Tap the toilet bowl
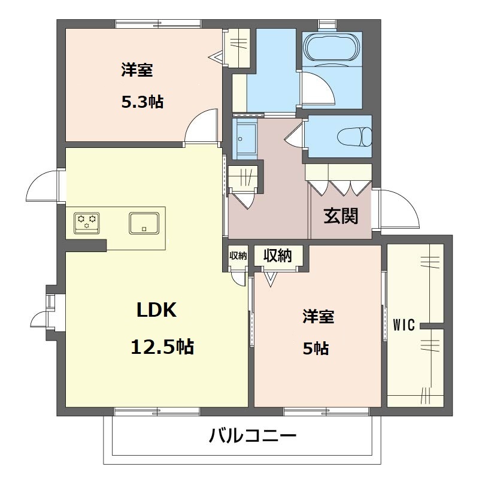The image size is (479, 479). coord(355,137)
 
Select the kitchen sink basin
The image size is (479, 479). coord(144,223)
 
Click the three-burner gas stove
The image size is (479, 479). coord(87,223)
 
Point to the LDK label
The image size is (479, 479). coord(156,310)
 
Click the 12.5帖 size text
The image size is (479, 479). coord(162,347)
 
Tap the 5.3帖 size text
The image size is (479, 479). coord(143,102)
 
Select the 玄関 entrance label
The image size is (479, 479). coord(341,216)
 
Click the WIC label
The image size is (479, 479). coord(404,325)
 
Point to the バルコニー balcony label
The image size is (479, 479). coord(252,436)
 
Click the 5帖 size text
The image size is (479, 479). coord(316,348)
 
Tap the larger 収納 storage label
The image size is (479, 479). coord(278,255)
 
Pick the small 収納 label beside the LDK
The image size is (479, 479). coord(238,256)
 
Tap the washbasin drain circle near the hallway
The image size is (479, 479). coord(240,139)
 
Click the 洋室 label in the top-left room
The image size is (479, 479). coord(137,69)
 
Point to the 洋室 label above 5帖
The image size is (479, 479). coord(319,316)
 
